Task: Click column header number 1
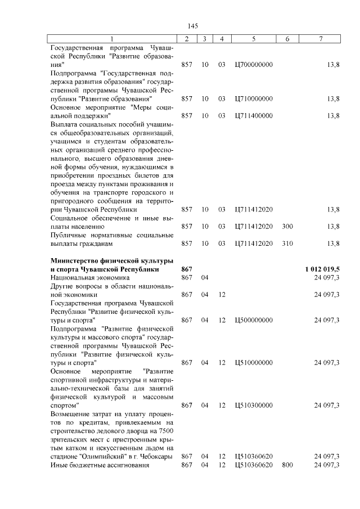tap(111, 38)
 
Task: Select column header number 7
tap(320, 38)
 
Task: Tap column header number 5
tap(254, 38)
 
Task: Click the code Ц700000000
tap(254, 65)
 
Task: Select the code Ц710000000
tap(254, 99)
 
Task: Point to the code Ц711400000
tap(254, 116)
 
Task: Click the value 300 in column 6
tap(287, 226)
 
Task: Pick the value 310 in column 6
tap(287, 244)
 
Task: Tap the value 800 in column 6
tap(287, 465)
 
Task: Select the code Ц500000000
tap(254, 320)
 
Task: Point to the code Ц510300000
tap(254, 405)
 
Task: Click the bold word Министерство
tap(76, 260)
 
